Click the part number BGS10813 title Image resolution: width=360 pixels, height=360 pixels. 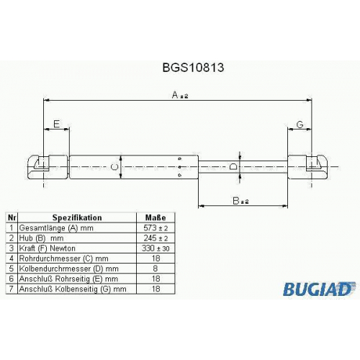193,68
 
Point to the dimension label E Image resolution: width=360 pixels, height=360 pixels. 56,124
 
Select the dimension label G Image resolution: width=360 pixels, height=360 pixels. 300,125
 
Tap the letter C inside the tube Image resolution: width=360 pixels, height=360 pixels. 115,167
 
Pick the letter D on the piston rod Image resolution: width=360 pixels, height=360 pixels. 233,166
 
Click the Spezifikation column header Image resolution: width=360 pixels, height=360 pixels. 77,217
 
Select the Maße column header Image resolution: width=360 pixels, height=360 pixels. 156,217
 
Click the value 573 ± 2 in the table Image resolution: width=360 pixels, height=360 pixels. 156,228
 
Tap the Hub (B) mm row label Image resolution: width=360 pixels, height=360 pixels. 41,238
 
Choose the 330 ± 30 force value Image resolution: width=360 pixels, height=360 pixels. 156,248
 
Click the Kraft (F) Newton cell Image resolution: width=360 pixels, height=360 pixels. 47,248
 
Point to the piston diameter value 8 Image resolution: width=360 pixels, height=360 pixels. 156,269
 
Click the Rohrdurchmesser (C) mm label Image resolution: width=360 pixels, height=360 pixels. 63,258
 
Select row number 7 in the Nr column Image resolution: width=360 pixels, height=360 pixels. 12,289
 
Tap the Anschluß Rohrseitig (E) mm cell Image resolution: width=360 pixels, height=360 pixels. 68,279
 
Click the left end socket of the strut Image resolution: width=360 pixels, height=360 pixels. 48,167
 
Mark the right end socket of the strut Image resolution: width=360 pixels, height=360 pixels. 308,167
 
